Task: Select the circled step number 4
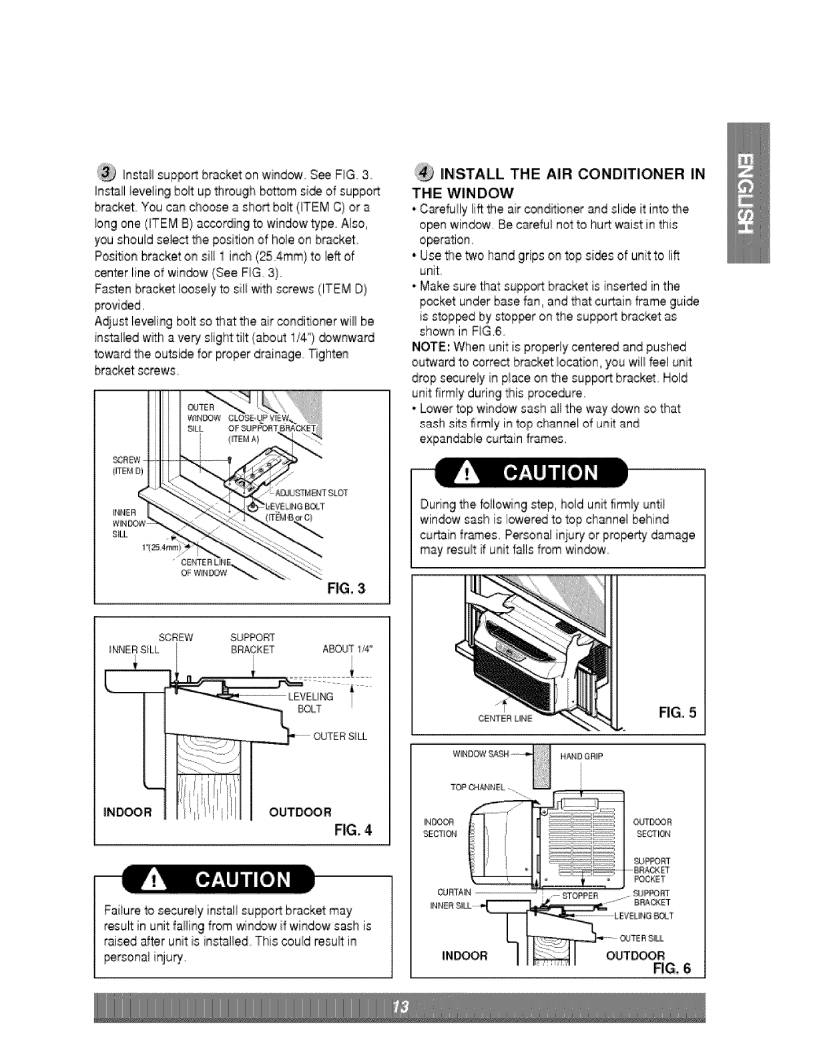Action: pyautogui.click(x=422, y=176)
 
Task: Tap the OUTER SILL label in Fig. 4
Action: pyautogui.click(x=340, y=737)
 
